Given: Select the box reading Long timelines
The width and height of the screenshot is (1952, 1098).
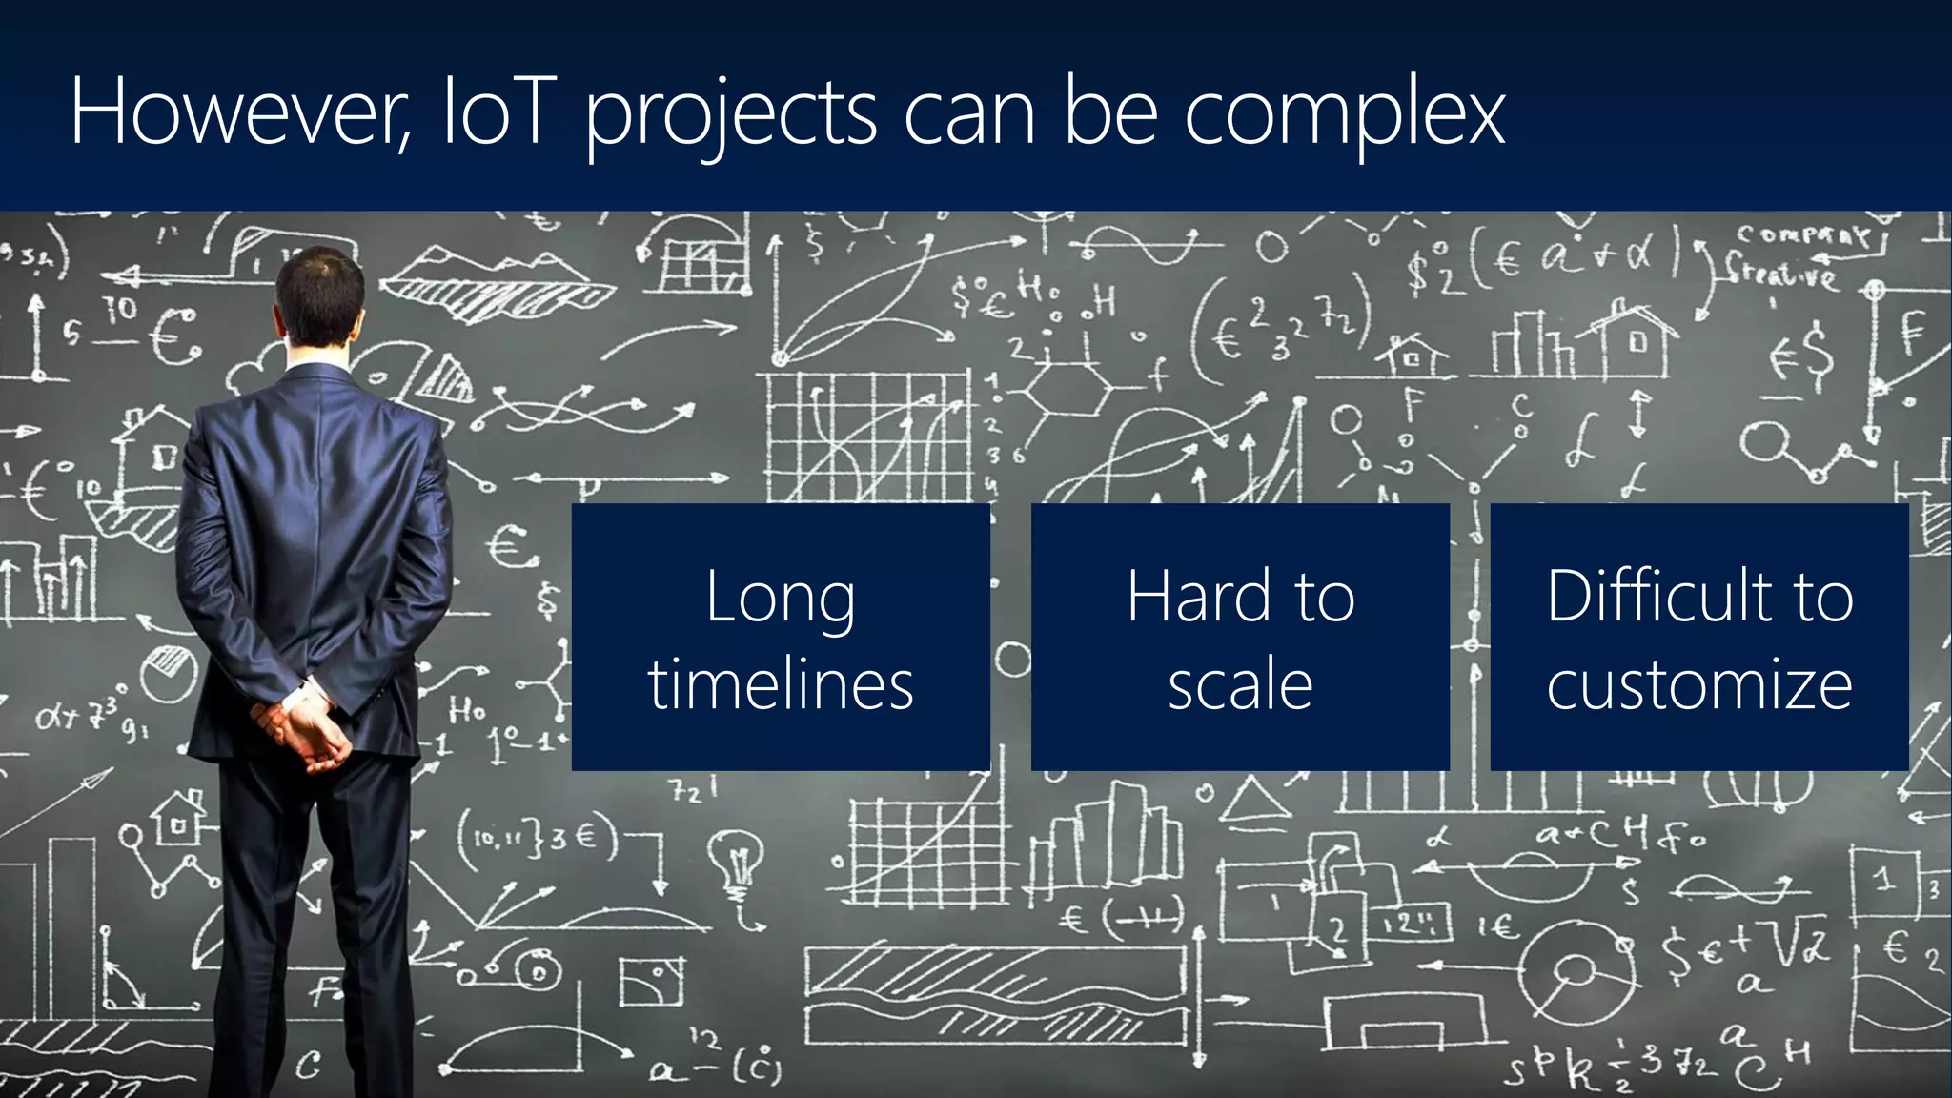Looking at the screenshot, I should click(x=781, y=637).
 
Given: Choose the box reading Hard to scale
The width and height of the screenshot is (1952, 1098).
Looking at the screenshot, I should click(x=1240, y=637).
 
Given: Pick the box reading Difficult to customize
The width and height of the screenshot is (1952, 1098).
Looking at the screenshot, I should click(x=1699, y=637).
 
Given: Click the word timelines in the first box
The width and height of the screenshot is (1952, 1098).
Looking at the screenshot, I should click(x=781, y=684).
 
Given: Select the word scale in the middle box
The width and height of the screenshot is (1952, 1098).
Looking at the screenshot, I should click(x=1240, y=684).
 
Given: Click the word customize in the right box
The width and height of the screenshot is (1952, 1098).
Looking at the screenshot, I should click(x=1699, y=684).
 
